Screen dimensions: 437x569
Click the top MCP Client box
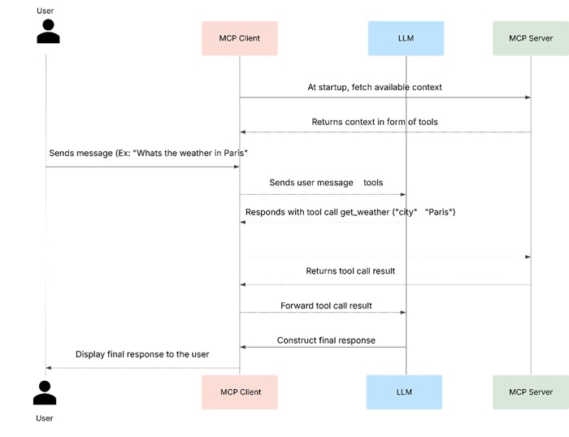(x=239, y=38)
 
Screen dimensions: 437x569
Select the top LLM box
(x=406, y=38)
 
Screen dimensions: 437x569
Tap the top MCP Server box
(x=530, y=38)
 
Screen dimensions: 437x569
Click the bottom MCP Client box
(x=240, y=392)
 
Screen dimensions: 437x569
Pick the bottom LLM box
(x=404, y=392)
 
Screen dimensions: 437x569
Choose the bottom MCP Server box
(x=530, y=392)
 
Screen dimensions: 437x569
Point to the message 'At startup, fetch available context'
(x=375, y=87)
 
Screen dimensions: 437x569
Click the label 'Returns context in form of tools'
(x=375, y=122)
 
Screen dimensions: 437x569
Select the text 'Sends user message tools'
(x=325, y=183)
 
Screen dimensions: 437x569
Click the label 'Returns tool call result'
(x=350, y=270)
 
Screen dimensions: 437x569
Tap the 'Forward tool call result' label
(x=326, y=305)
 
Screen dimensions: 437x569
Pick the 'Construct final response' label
(x=326, y=340)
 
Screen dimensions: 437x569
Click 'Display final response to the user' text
(x=142, y=354)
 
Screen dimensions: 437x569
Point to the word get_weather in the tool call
(x=364, y=212)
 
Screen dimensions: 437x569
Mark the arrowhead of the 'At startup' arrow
(x=528, y=97)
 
